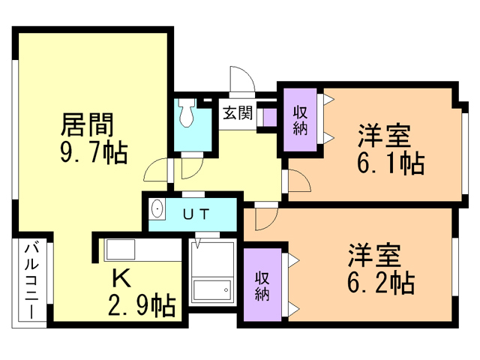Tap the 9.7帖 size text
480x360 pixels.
93,152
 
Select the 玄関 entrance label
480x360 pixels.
238,112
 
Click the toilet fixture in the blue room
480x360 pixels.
187,112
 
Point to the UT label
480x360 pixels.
196,214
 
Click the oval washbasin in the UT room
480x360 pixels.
157,208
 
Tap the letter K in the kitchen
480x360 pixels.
121,278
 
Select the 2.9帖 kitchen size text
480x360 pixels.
142,304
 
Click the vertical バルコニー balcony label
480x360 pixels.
31,280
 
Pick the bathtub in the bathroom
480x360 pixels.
212,290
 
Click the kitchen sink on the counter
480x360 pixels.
120,250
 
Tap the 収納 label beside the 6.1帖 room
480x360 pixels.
300,120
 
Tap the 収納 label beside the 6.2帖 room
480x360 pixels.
262,286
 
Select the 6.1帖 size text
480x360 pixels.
391,163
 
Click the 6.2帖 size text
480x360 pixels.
381,282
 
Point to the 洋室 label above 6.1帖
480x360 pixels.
385,135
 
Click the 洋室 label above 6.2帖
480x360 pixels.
374,255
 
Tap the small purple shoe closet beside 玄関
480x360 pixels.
270,117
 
